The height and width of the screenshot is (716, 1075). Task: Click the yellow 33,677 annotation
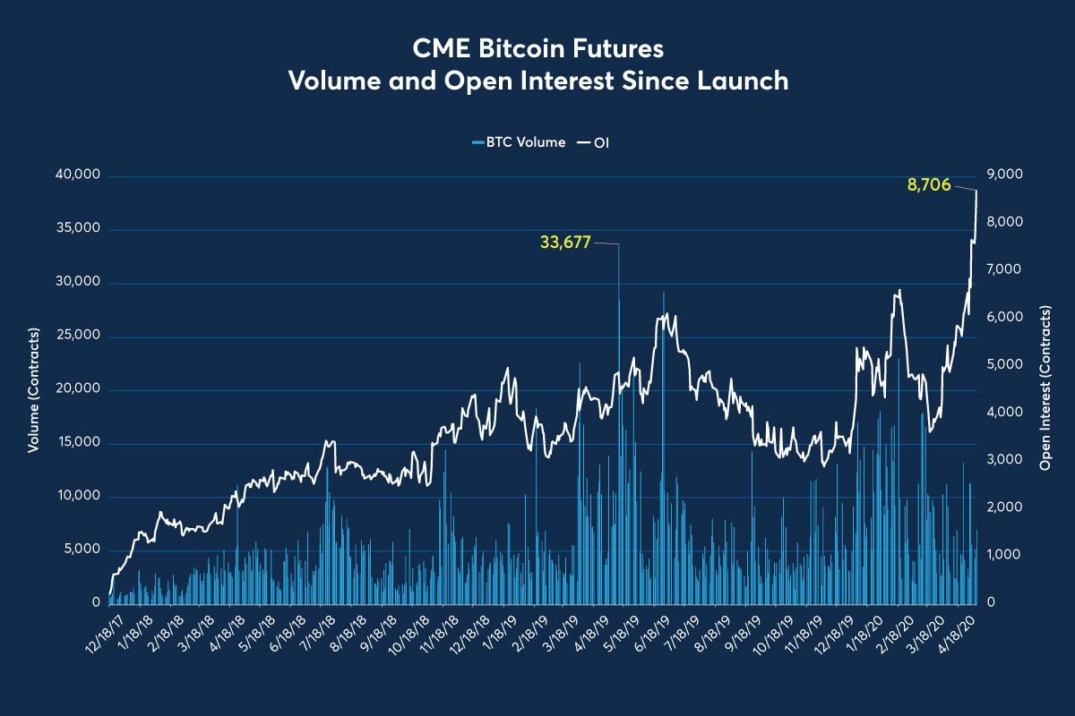click(565, 242)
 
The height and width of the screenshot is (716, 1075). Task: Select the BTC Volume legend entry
click(519, 142)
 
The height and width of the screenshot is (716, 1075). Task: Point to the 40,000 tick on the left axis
click(76, 175)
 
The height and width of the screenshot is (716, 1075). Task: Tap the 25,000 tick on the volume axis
click(76, 337)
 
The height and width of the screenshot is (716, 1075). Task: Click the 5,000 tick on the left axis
click(80, 550)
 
